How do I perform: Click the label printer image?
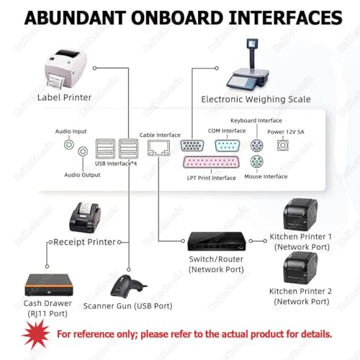(66, 68)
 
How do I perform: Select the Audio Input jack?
(69, 145)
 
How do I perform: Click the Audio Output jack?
(83, 151)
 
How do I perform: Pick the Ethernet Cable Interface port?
(158, 148)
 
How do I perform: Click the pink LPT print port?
(211, 162)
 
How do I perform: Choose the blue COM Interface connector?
(227, 145)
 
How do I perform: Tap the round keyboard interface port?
(256, 145)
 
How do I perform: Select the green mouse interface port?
(256, 161)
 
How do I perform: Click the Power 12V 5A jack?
(283, 145)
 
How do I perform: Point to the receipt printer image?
(85, 217)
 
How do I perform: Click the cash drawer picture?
(49, 285)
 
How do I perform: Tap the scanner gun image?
(127, 286)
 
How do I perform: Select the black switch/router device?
(217, 241)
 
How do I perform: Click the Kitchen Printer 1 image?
(300, 215)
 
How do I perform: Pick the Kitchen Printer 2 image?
(300, 268)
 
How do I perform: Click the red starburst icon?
(36, 334)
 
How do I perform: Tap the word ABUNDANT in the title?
(76, 18)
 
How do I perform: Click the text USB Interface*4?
(116, 163)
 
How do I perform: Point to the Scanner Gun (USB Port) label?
(127, 306)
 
